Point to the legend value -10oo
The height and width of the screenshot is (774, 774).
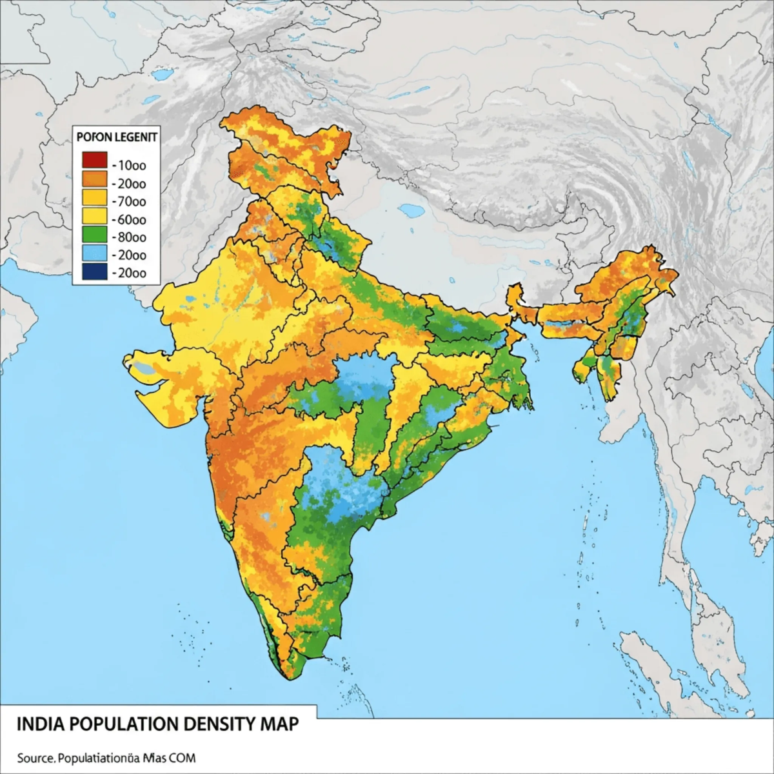pyautogui.click(x=129, y=165)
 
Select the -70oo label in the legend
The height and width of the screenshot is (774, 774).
pyautogui.click(x=129, y=202)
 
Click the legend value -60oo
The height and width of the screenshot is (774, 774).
pyautogui.click(x=129, y=220)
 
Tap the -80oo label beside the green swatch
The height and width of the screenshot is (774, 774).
pyautogui.click(x=129, y=237)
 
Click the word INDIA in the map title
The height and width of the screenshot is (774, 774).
pyautogui.click(x=38, y=724)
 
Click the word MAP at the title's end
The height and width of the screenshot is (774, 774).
pyautogui.click(x=280, y=724)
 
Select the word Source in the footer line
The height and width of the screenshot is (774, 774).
pyautogui.click(x=32, y=757)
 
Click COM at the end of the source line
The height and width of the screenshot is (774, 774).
pyautogui.click(x=183, y=757)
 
